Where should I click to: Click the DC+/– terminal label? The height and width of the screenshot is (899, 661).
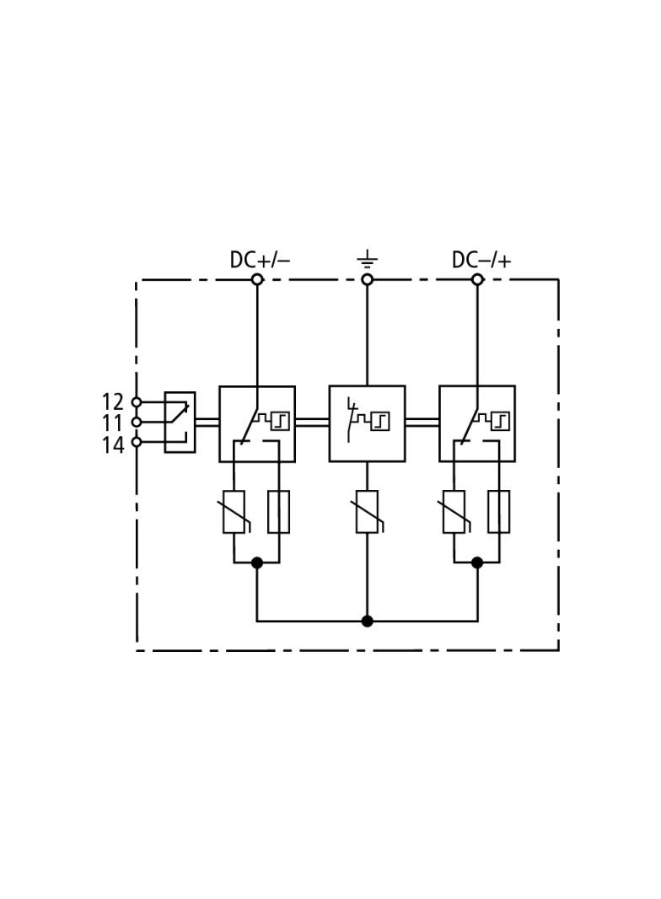click(x=260, y=260)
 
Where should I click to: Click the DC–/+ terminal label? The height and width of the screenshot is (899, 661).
click(x=481, y=260)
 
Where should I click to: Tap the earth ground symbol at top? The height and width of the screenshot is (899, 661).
click(x=367, y=261)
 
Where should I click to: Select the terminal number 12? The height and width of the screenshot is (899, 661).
click(x=113, y=401)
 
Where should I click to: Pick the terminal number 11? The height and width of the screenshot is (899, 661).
click(x=113, y=423)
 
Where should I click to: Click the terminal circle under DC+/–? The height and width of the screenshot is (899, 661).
click(x=257, y=280)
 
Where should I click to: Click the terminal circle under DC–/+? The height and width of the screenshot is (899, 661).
click(x=477, y=280)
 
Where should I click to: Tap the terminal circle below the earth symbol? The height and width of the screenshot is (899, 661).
click(x=368, y=280)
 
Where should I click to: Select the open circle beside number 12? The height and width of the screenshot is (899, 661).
click(x=137, y=402)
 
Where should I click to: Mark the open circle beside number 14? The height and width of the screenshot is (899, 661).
click(x=137, y=442)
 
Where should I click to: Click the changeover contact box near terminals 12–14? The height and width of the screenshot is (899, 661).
click(x=180, y=423)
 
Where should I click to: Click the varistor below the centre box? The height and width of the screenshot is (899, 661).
click(x=367, y=512)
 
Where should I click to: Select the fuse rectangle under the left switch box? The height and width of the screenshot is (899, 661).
click(x=278, y=512)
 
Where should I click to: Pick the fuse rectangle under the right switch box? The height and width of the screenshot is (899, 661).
click(x=499, y=512)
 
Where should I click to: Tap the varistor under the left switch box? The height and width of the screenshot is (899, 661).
click(x=234, y=512)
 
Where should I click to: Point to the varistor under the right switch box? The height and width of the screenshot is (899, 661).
click(x=454, y=512)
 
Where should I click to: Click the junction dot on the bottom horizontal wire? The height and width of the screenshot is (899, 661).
click(x=368, y=621)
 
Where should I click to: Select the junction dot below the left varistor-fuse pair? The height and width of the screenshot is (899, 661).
click(x=257, y=563)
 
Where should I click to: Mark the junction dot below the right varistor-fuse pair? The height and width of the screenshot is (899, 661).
click(x=477, y=563)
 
